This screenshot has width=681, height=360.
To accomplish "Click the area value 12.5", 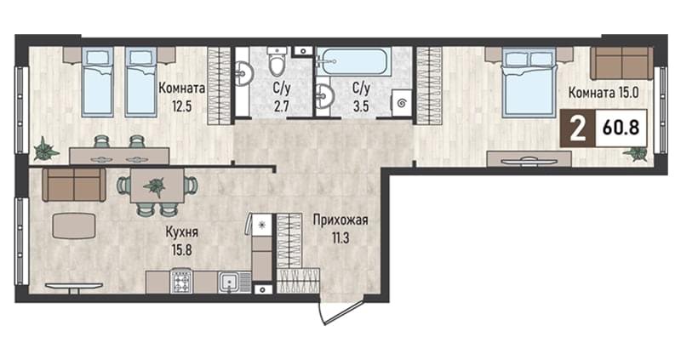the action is (181, 106).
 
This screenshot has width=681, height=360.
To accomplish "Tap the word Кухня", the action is (181, 232).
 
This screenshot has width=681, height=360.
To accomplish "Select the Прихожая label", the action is (340, 220).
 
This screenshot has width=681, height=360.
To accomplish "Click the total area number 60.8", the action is (621, 129).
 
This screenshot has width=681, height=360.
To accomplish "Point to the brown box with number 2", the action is (577, 129).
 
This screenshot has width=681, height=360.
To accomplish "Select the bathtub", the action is (353, 61).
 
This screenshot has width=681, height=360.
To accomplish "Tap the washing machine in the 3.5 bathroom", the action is (401, 103).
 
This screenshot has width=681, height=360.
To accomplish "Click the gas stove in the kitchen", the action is (181, 282).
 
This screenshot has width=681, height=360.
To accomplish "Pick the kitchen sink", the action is (230, 283).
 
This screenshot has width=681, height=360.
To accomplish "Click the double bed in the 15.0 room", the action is (529, 83).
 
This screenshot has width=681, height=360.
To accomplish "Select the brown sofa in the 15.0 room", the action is (621, 63).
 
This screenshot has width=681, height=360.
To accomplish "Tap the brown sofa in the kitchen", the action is (74, 185).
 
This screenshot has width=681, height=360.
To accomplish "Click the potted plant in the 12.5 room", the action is (45, 149).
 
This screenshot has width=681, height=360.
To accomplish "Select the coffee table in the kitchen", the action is (74, 226).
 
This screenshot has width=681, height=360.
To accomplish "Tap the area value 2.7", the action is (282, 106).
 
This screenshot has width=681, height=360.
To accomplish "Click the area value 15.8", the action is (181, 250).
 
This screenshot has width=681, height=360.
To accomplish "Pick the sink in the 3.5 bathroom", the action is (325, 95).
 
